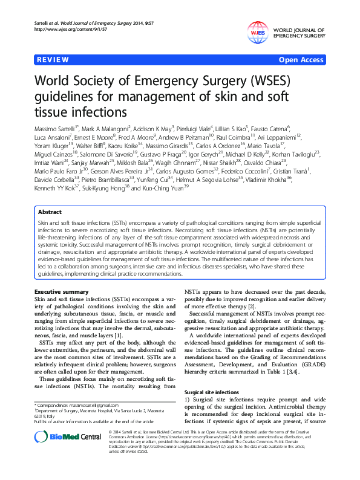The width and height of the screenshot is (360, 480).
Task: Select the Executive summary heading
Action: coord(62,292)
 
